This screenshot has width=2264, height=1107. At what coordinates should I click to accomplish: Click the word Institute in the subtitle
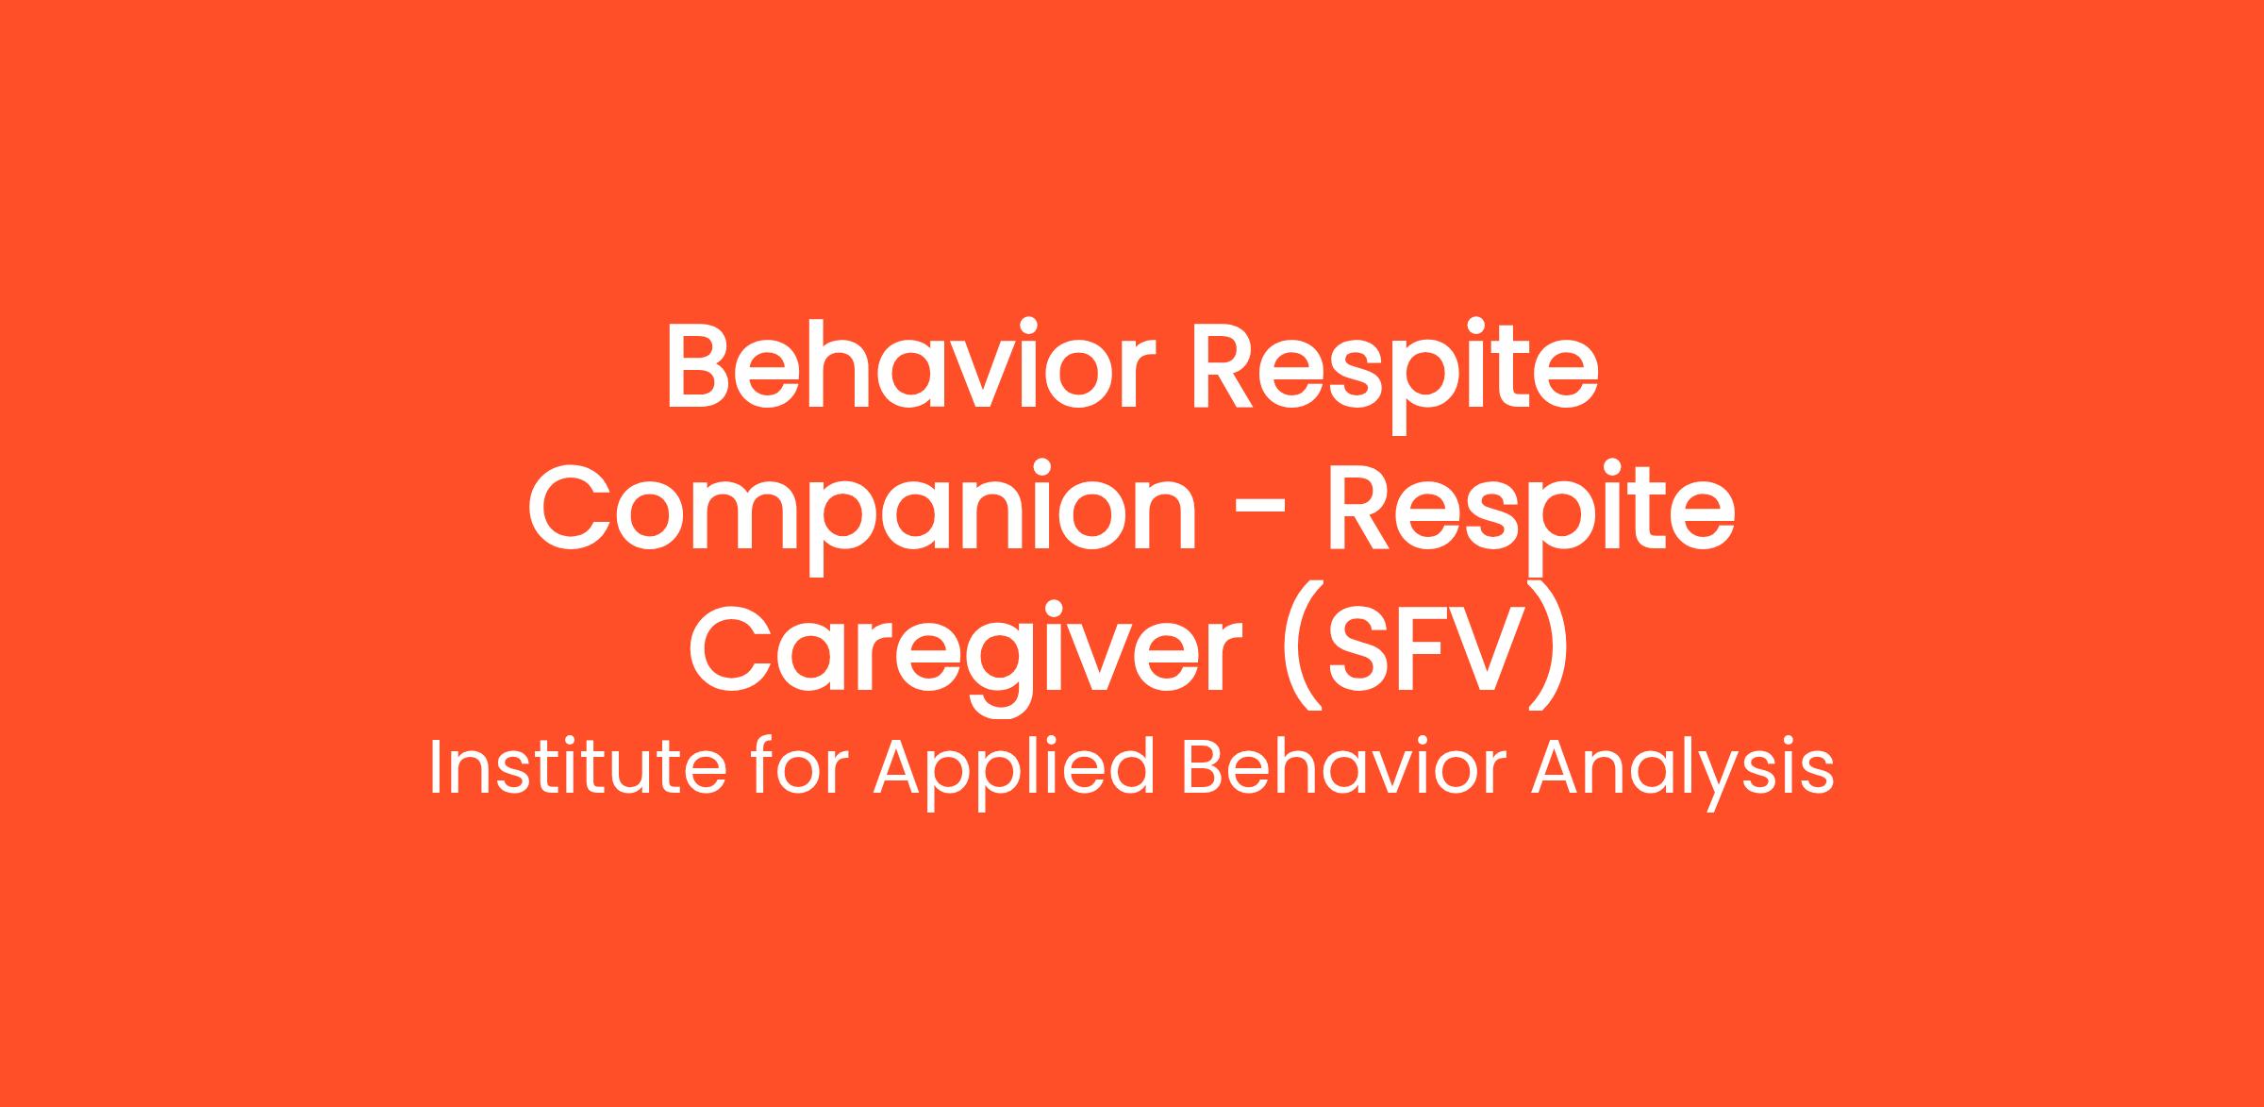coord(578,768)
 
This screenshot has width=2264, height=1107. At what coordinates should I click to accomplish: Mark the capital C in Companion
coord(569,509)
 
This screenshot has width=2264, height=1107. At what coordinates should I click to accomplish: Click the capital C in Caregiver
coord(729,650)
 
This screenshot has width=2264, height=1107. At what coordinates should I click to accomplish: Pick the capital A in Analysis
coord(1556,768)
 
